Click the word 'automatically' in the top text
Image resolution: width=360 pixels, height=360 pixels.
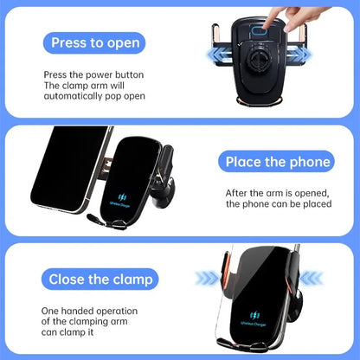pyautogui.click(x=76, y=100)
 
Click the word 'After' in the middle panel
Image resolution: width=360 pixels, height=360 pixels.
pyautogui.click(x=237, y=192)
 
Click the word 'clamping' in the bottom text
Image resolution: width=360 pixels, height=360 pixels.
pyautogui.click(x=96, y=321)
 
